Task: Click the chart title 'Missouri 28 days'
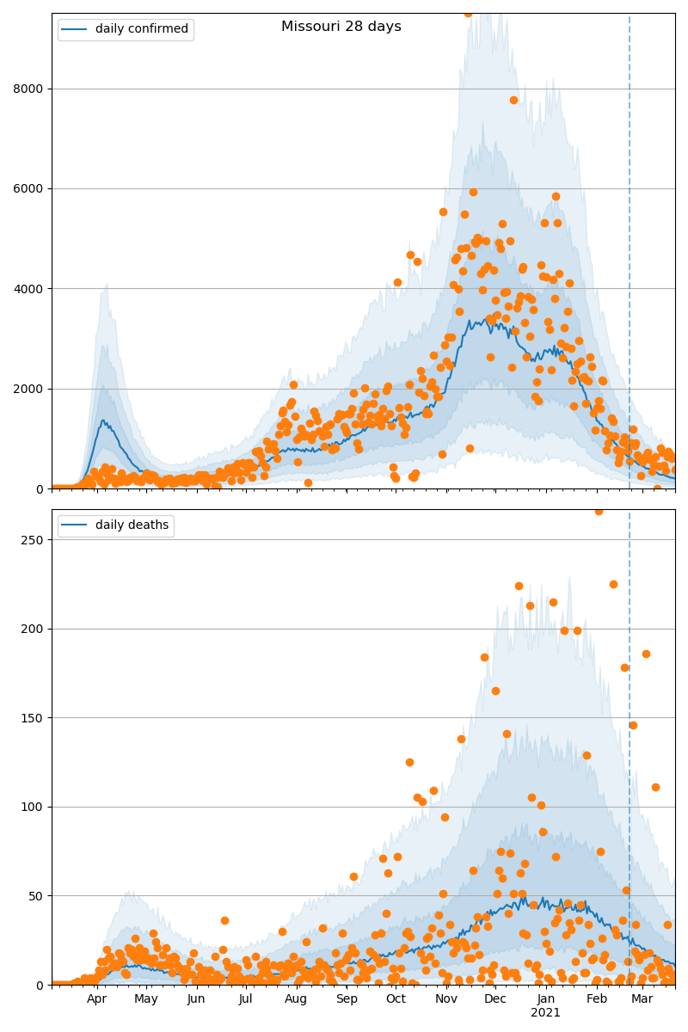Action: tap(341, 27)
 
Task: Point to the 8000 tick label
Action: tap(28, 89)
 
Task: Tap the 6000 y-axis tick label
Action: tap(28, 188)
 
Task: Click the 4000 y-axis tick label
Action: tap(28, 289)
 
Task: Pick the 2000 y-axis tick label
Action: tap(28, 389)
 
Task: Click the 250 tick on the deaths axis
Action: tap(32, 540)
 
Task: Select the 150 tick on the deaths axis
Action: tap(32, 718)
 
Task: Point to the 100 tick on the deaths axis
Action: tap(32, 807)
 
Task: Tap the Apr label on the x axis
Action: tap(96, 999)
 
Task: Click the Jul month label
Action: tap(246, 999)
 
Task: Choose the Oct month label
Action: tap(396, 999)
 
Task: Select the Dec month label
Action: tap(495, 999)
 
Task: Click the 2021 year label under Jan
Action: tap(545, 1013)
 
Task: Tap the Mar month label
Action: tap(642, 999)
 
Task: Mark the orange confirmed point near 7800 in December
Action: tap(513, 100)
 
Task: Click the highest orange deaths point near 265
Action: tap(599, 511)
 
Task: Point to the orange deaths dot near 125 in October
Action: tap(409, 762)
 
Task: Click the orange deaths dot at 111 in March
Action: tap(655, 787)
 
